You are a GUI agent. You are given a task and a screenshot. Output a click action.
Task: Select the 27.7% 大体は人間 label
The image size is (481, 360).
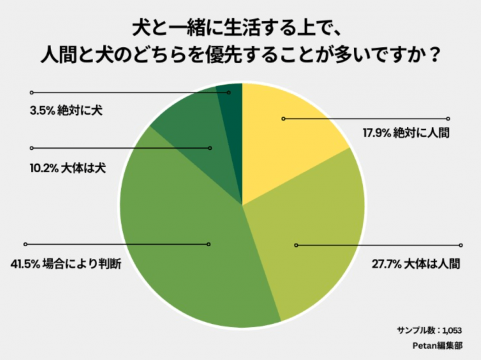click(416, 264)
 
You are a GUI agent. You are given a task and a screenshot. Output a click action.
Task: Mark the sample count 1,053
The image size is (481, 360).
click(451, 331)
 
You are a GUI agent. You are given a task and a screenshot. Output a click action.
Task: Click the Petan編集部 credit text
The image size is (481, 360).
click(438, 346)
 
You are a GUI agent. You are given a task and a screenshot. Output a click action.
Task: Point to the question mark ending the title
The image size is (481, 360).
click(435, 56)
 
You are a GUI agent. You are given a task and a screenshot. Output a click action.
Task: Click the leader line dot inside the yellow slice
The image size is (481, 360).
click(283, 119)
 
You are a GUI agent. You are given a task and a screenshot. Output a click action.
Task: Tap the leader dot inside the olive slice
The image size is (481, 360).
click(296, 245)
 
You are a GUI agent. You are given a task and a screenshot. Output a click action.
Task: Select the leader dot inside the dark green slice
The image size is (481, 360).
click(229, 92)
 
